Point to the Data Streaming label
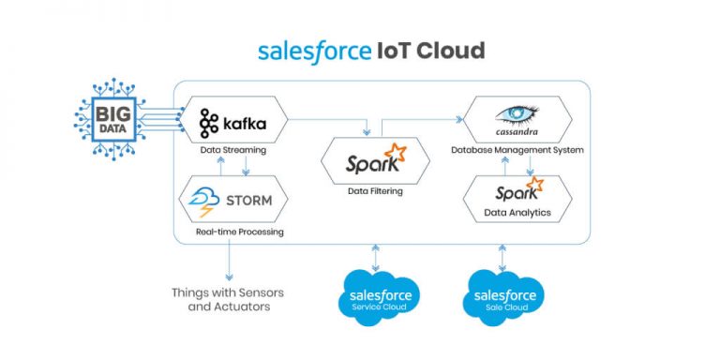[x=232, y=149]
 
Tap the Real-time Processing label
[x=239, y=232]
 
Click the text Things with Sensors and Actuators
[x=227, y=299]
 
